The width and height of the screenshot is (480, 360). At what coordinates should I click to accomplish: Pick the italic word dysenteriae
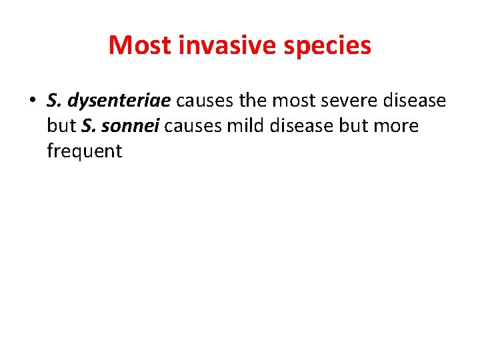point(119,101)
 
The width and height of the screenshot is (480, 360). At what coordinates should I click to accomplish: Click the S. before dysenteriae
point(55,101)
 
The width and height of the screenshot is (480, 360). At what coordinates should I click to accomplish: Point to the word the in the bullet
point(252,101)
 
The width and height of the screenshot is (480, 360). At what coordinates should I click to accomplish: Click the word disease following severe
point(413,101)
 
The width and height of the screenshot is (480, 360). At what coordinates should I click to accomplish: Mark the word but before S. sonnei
point(61,126)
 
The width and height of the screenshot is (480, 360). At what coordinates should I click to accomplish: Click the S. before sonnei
point(89,126)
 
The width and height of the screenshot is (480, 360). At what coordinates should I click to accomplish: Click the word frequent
point(85,152)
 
